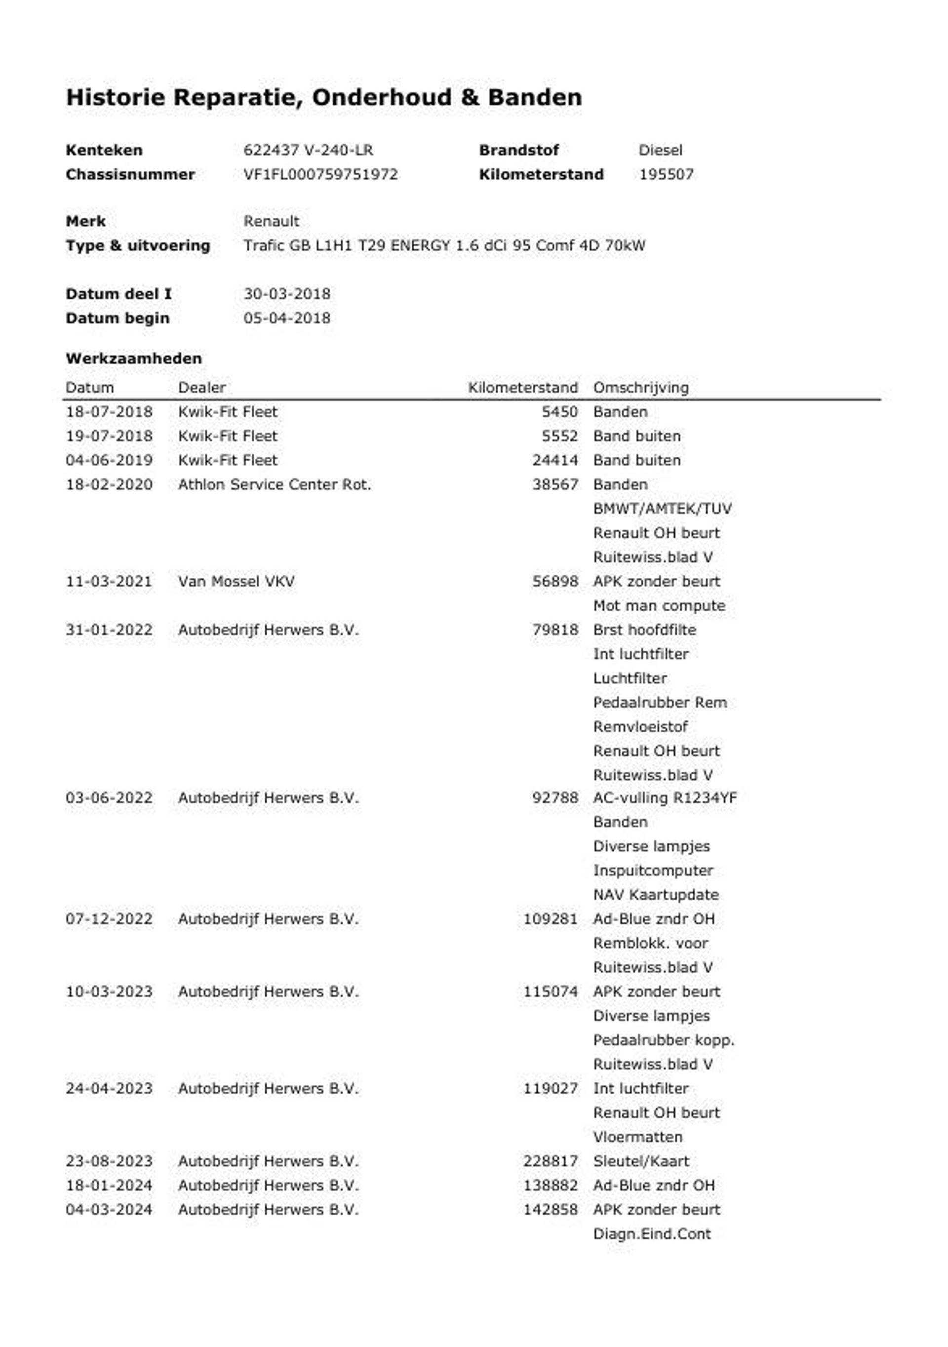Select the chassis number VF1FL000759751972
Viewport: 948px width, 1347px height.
pos(320,175)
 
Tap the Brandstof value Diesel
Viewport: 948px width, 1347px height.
pos(660,151)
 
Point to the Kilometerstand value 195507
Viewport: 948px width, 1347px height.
pos(666,175)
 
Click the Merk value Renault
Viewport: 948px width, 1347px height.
pos(271,222)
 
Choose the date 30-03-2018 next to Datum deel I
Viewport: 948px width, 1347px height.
pos(287,294)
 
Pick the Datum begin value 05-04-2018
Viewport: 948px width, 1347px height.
pos(287,318)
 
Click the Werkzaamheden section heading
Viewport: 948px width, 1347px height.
pos(134,358)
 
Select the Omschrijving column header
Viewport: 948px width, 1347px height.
pos(640,388)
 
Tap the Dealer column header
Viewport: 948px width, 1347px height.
pos(202,388)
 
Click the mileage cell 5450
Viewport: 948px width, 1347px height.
pos(559,412)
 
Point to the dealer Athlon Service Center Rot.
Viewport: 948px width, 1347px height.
pos(275,484)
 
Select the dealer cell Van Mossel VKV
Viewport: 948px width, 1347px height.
pos(237,581)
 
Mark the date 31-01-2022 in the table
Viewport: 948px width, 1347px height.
pos(109,630)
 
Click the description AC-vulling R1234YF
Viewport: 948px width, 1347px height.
pos(665,798)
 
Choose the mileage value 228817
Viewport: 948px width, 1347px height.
pos(550,1161)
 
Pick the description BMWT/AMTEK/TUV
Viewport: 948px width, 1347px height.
pos(662,509)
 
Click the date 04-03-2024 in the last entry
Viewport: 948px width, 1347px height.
pos(109,1209)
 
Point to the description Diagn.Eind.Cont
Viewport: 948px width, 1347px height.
pos(652,1234)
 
